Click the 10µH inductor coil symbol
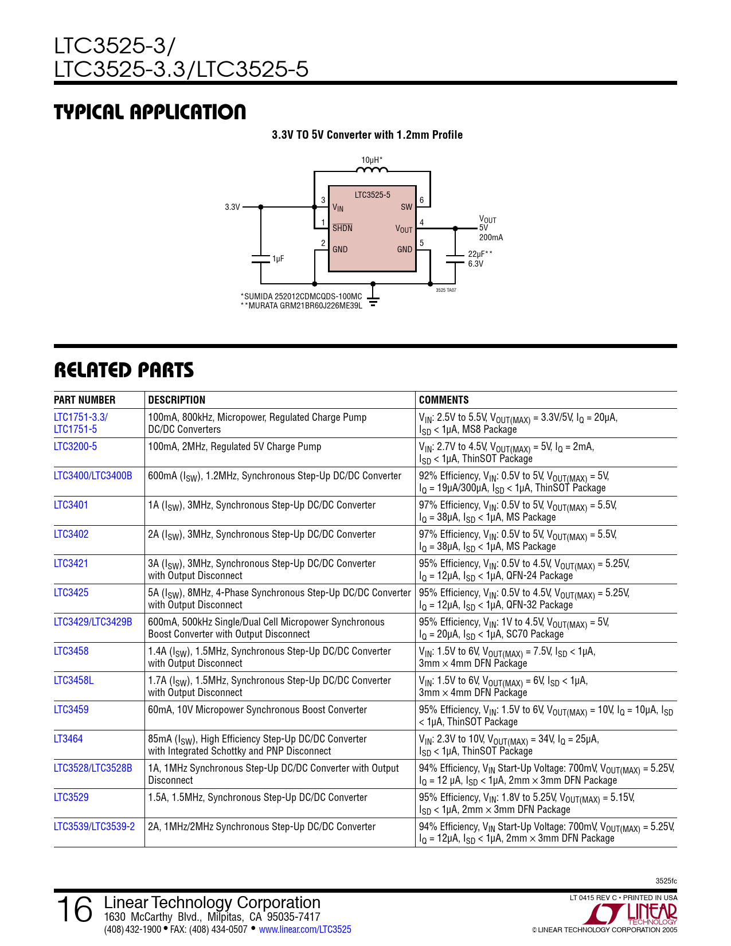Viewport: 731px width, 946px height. [372, 169]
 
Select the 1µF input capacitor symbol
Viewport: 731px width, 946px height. [261, 259]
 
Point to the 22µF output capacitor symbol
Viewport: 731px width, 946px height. [455, 259]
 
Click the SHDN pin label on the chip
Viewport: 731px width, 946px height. [342, 228]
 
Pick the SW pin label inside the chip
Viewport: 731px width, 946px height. [406, 207]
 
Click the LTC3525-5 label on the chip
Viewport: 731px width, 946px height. [372, 195]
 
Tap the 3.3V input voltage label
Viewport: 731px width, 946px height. [232, 207]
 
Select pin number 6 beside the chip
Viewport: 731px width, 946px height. [422, 200]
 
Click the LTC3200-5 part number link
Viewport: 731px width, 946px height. [75, 447]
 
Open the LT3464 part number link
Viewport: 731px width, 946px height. [68, 739]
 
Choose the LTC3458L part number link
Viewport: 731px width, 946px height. [73, 681]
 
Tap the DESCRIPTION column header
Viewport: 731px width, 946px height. [177, 400]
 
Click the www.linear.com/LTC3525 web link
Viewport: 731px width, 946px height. [305, 929]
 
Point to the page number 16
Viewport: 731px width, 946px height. [75, 910]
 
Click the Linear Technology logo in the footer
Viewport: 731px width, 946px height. [634, 914]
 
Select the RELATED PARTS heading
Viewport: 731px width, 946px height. [124, 370]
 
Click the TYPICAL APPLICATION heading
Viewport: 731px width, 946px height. [150, 112]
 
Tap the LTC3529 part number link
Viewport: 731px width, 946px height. [71, 798]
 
